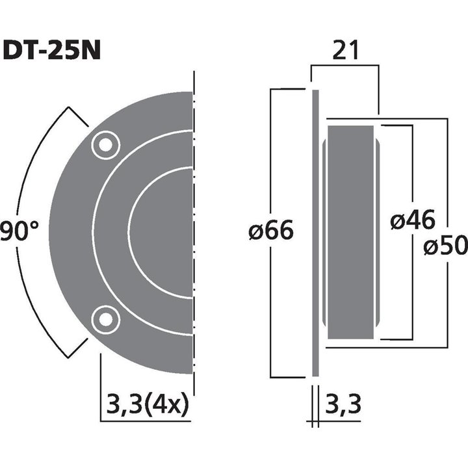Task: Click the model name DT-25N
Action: click(x=52, y=51)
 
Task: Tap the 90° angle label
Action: click(x=19, y=231)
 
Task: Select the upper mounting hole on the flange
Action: click(x=105, y=145)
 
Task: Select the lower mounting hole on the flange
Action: click(x=105, y=319)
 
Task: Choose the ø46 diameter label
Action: click(x=413, y=221)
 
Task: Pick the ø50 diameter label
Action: click(x=445, y=246)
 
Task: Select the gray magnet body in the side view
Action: click(x=351, y=231)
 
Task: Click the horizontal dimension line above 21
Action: click(x=344, y=65)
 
